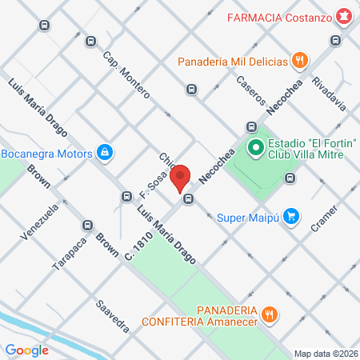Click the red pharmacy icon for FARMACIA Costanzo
pos(342,16)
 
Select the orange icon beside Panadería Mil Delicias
pos(300,59)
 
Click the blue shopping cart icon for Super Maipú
pos(292,215)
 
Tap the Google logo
pos(26,350)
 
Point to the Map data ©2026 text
pos(325,353)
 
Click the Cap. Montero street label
pos(126,74)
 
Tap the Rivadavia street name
pos(330,94)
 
